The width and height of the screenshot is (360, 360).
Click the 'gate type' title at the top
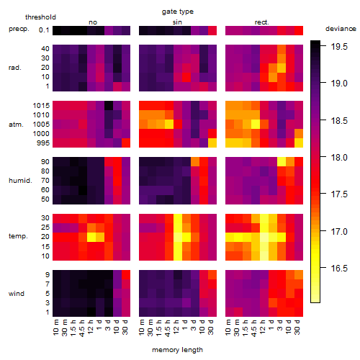tap(178, 12)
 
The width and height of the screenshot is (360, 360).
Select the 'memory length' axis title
tap(177, 350)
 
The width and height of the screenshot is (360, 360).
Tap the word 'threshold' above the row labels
tap(40, 17)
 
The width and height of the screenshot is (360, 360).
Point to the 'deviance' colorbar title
tap(341, 29)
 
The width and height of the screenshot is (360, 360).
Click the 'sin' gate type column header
tap(177, 22)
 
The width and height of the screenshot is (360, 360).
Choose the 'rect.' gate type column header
tap(261, 22)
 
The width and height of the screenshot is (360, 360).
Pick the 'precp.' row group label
tap(19, 29)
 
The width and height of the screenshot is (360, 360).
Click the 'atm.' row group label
tap(16, 125)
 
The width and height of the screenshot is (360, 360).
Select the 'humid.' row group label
tap(20, 181)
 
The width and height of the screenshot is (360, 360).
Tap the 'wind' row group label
tap(17, 294)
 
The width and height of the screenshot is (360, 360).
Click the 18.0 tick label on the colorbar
tap(339, 158)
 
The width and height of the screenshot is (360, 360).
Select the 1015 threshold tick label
tap(41, 106)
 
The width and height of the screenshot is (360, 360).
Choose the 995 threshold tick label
tap(43, 143)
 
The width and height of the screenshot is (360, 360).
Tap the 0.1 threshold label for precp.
tap(44, 30)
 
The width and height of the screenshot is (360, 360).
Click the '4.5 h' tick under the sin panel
tap(168, 328)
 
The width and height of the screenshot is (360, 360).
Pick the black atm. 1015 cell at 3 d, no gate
tap(109, 106)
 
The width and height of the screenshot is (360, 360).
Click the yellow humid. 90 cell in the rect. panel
tap(282, 162)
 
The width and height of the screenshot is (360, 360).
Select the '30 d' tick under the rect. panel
tap(297, 327)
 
